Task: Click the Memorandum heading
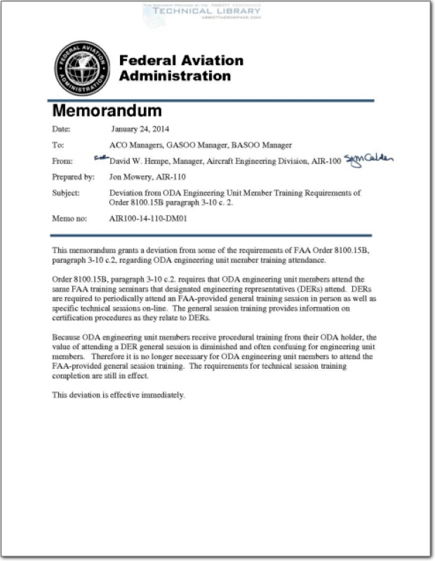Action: (x=107, y=111)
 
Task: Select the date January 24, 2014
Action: (x=140, y=130)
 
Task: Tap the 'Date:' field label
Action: (x=62, y=130)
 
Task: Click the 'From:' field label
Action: (x=62, y=161)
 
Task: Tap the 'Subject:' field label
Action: (x=66, y=192)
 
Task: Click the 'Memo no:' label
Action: (x=69, y=219)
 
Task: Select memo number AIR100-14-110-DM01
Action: (x=150, y=219)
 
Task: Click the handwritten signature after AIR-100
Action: (x=368, y=160)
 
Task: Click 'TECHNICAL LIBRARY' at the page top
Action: (x=201, y=11)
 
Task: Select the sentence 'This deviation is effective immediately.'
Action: (x=119, y=395)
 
